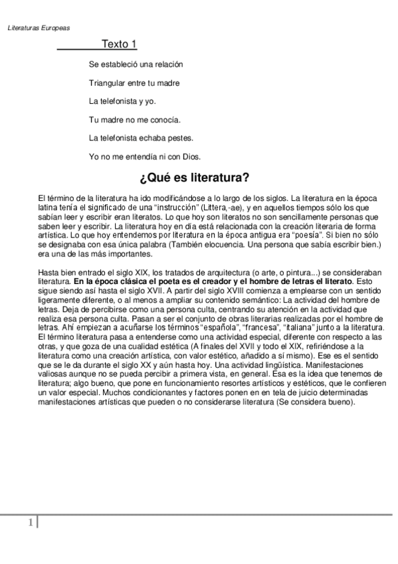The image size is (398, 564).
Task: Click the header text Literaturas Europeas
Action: [39, 28]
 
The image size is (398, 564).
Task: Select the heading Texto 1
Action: [119, 45]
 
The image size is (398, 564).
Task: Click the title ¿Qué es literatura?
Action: [194, 178]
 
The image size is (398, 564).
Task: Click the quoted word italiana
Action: [307, 328]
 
